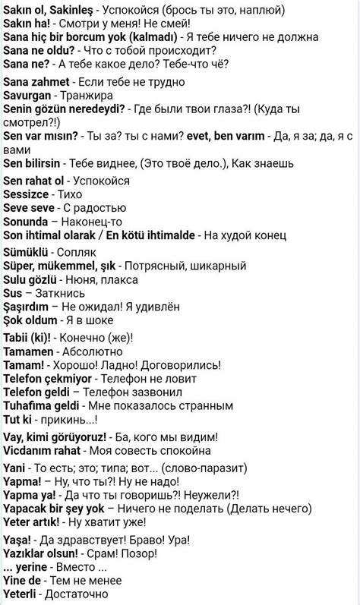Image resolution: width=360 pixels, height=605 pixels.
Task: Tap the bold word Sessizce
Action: pos(27,194)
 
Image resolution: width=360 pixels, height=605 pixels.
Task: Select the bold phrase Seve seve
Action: pos(30,208)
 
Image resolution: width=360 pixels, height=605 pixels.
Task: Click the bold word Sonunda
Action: pos(27,222)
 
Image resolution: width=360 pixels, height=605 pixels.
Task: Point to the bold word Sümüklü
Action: pos(27,251)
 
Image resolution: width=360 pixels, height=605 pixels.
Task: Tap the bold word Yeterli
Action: pos(23,593)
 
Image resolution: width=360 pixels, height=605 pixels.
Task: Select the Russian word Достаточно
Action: pos(85,593)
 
